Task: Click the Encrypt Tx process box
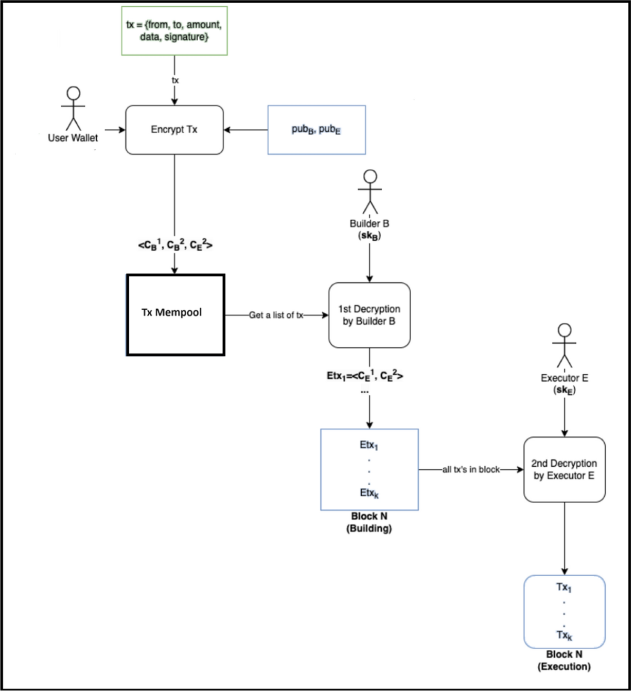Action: coord(174,130)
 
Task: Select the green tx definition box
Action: coord(174,31)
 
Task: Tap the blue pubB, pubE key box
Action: coord(317,130)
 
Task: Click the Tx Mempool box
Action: coord(175,315)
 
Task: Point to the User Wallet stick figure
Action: coord(73,109)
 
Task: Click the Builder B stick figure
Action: coord(370,192)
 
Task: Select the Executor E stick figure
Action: coord(564,345)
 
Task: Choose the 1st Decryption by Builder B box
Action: coord(369,315)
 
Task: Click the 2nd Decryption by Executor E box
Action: coord(564,469)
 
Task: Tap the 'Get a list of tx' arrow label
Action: coord(276,315)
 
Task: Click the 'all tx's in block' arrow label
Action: coord(471,469)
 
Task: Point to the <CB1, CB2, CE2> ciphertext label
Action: coord(175,245)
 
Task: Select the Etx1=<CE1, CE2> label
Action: coord(365,376)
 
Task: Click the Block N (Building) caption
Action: coord(369,523)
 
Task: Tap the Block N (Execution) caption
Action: coord(564,661)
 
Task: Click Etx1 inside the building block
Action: coord(369,445)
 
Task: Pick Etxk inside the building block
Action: coord(369,493)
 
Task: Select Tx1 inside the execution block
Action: coord(564,587)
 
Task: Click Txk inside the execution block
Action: coord(564,635)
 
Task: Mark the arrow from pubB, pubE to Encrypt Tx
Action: coord(246,130)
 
